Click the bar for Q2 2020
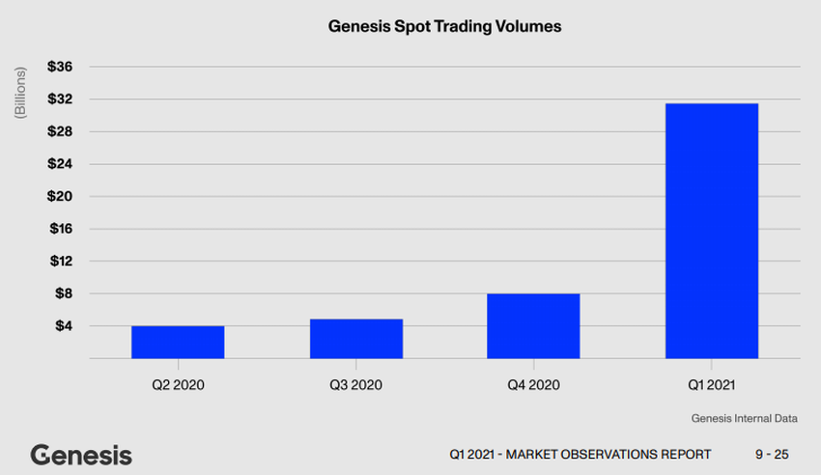[x=178, y=342]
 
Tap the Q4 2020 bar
[x=533, y=325]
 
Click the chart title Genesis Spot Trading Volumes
[x=445, y=27]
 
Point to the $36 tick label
[x=61, y=67]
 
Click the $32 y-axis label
[x=61, y=99]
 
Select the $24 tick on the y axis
[x=61, y=164]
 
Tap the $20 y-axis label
[x=61, y=197]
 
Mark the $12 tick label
[x=61, y=262]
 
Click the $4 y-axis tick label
[x=64, y=326]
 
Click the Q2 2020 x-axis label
[x=178, y=384]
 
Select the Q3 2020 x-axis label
[x=355, y=384]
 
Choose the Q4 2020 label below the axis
[x=533, y=384]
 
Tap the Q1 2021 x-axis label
[x=711, y=384]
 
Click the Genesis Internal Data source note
[x=744, y=419]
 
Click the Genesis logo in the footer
[x=81, y=455]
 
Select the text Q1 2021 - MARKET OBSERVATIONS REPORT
[x=580, y=455]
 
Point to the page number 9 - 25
[x=772, y=455]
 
